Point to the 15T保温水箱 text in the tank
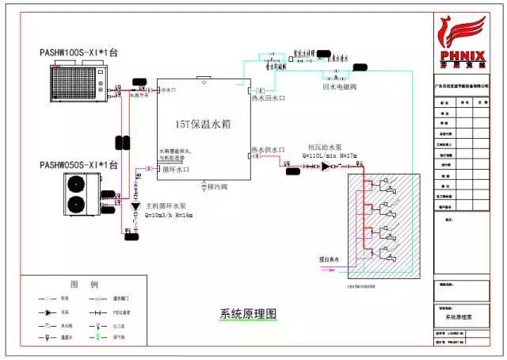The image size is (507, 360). tap(202, 124)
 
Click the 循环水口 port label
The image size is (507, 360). tap(175, 170)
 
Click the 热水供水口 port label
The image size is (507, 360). tap(268, 149)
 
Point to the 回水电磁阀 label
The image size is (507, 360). tap(341, 86)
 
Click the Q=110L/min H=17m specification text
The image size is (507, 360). tap(329, 155)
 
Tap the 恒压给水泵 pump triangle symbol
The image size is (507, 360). tap(326, 167)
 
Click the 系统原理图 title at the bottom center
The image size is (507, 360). tap(248, 313)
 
